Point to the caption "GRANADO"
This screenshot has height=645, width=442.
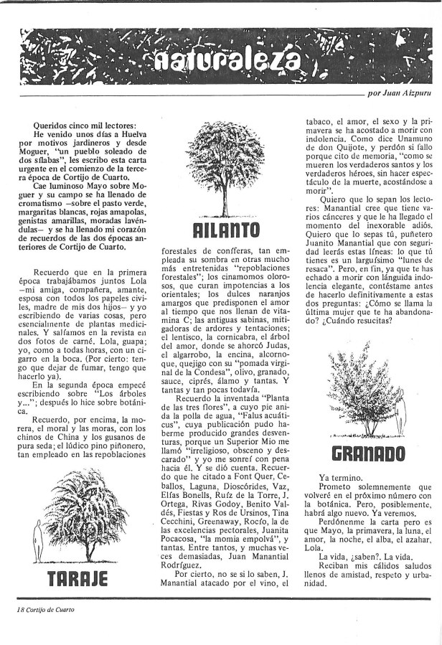(x=370, y=453)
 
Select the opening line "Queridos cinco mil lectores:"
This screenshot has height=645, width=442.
(x=77, y=126)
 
